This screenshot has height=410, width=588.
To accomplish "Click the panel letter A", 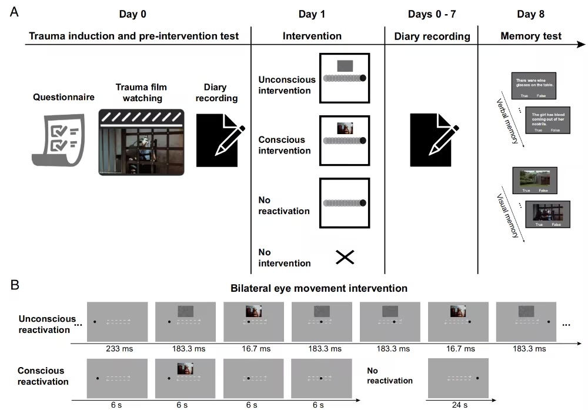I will pos(15,12).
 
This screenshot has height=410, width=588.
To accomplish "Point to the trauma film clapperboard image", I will pos(142,142).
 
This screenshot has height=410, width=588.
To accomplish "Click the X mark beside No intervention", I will pos(345,257).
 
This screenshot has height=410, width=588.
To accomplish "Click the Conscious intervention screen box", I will pos(345,141).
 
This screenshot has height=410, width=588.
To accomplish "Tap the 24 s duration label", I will pos(459,404).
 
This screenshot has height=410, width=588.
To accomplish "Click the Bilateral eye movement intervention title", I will pos(320,288).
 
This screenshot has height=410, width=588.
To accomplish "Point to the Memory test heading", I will pos(530,36).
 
